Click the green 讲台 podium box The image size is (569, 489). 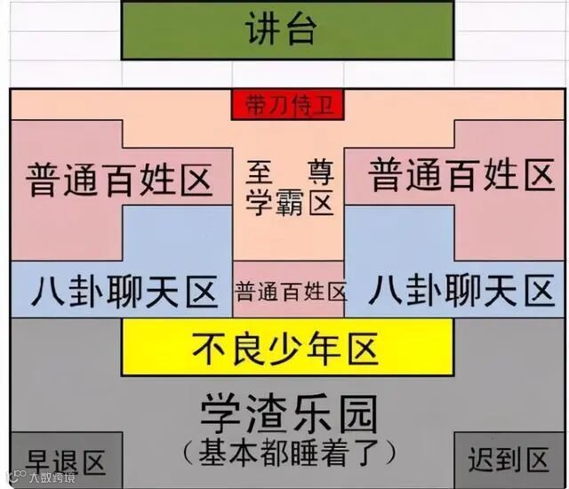(x=287, y=31)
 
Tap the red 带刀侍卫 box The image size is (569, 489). (x=287, y=105)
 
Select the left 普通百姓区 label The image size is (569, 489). (x=120, y=180)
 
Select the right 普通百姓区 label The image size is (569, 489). (x=461, y=175)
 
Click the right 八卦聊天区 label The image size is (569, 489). (x=461, y=290)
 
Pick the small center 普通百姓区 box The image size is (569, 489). (x=289, y=291)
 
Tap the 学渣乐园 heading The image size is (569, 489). (x=288, y=413)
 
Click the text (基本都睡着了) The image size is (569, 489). (x=288, y=453)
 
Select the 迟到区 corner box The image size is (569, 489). (x=509, y=460)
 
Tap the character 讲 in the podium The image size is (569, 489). (x=262, y=31)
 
